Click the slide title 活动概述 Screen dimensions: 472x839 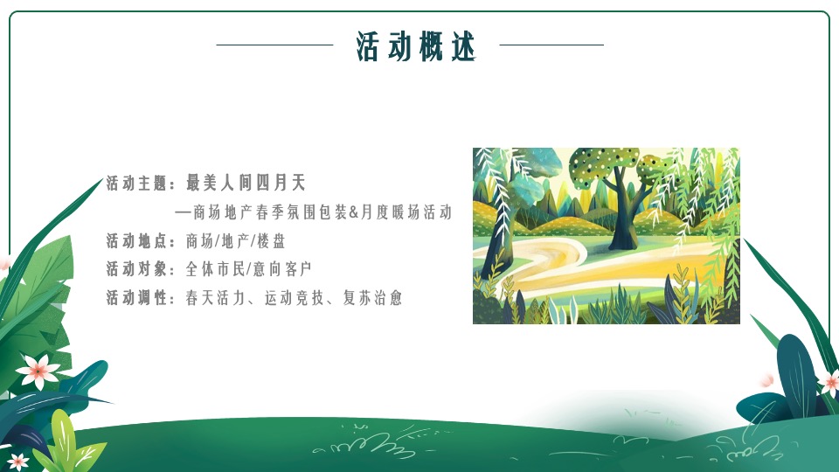pyautogui.click(x=416, y=46)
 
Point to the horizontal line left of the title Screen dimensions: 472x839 pyautogui.click(x=274, y=45)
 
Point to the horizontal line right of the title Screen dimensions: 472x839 pyautogui.click(x=551, y=45)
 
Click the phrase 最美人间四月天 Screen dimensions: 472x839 pyautogui.click(x=245, y=183)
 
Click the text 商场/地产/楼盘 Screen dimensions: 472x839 pyautogui.click(x=235, y=241)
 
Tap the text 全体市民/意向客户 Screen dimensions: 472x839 pyautogui.click(x=248, y=269)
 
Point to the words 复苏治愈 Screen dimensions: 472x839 pyautogui.click(x=378, y=298)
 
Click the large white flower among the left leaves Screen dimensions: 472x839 pyautogui.click(x=38, y=371)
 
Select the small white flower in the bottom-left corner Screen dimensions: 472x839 pyautogui.click(x=17, y=461)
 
